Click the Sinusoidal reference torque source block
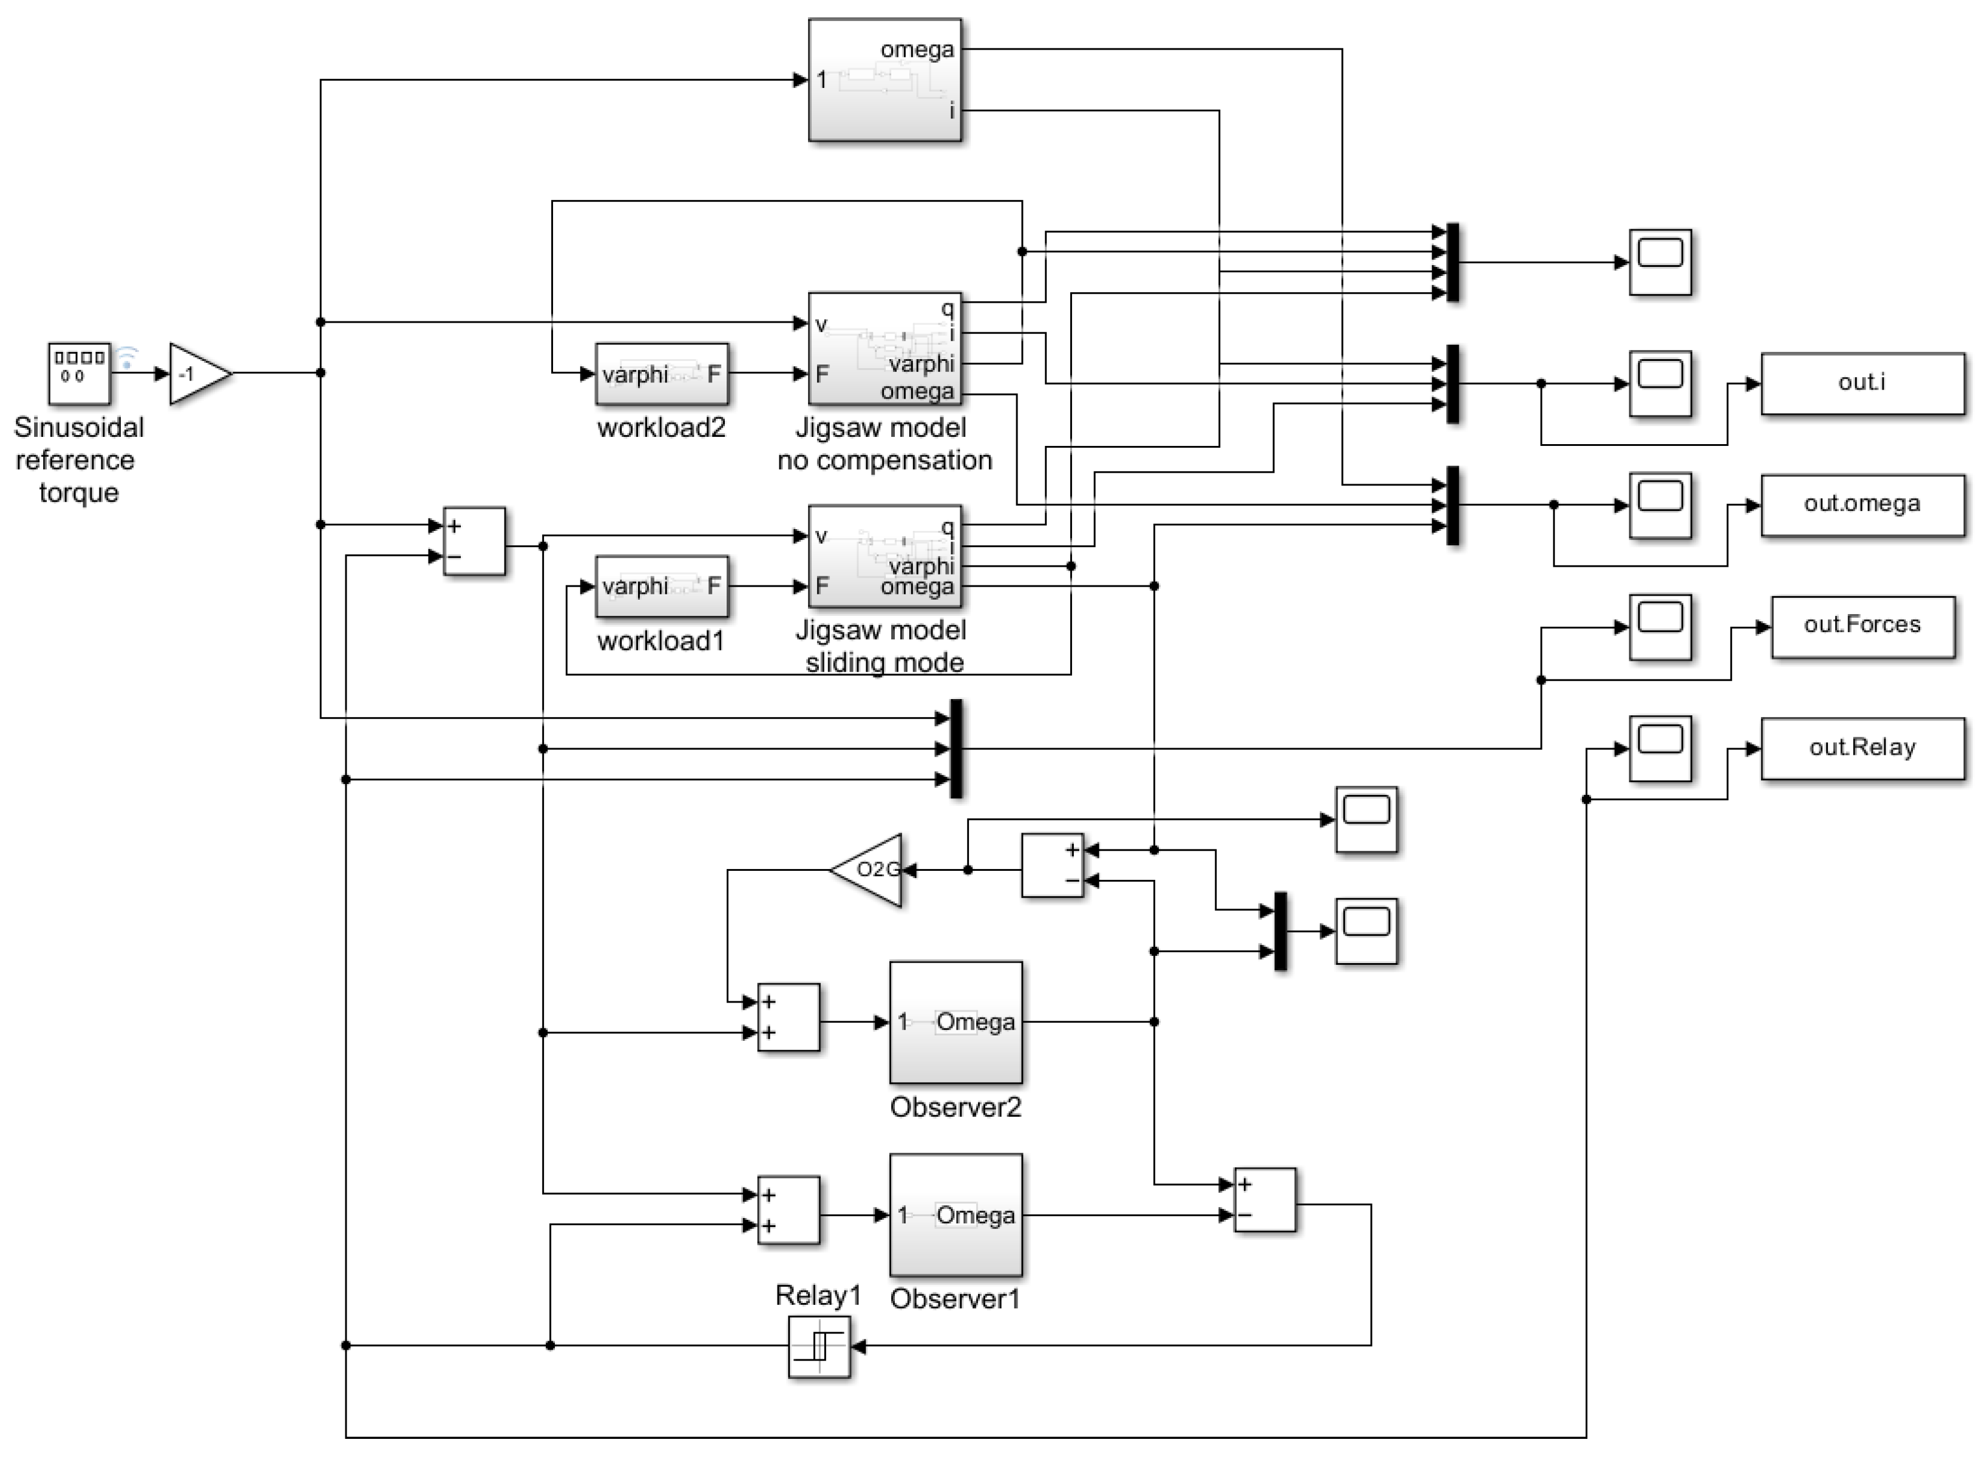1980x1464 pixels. (79, 373)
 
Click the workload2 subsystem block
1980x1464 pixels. (662, 374)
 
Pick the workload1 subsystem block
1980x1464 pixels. (662, 586)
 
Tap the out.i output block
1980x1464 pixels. (1861, 383)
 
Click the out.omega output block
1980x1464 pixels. (1861, 504)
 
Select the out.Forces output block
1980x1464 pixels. (1861, 625)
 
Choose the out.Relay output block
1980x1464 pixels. (1861, 748)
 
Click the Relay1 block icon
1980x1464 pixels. (819, 1346)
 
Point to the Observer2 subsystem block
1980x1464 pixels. (955, 1022)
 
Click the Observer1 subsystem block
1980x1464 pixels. (955, 1214)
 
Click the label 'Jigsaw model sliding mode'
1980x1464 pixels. (883, 646)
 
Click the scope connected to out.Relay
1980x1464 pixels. (1660, 748)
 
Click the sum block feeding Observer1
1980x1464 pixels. (788, 1210)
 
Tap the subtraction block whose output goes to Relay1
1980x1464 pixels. (1265, 1200)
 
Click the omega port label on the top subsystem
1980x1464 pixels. (916, 50)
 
